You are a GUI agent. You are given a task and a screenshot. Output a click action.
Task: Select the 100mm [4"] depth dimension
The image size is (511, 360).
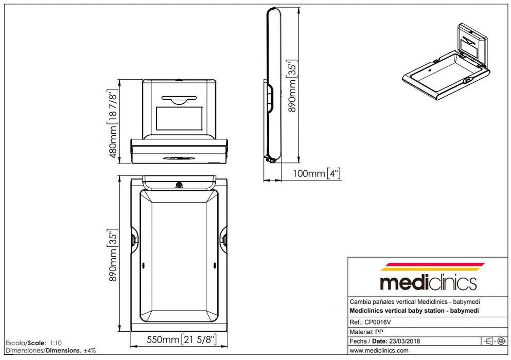pos(316,174)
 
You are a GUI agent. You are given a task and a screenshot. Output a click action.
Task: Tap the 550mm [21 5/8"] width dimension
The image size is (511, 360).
pos(180,339)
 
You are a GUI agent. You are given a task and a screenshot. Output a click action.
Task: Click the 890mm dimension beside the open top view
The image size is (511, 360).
pos(112,255)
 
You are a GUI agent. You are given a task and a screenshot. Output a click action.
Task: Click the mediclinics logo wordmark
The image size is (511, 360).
pos(428,282)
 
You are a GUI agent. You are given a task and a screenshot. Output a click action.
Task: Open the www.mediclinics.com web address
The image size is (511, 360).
pos(379,351)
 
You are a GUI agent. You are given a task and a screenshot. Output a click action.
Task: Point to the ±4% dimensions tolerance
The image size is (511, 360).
pos(90,350)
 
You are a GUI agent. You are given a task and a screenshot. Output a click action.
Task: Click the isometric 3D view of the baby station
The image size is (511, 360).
pos(444,62)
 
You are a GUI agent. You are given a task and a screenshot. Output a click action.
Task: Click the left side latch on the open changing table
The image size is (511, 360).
pos(134,239)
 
